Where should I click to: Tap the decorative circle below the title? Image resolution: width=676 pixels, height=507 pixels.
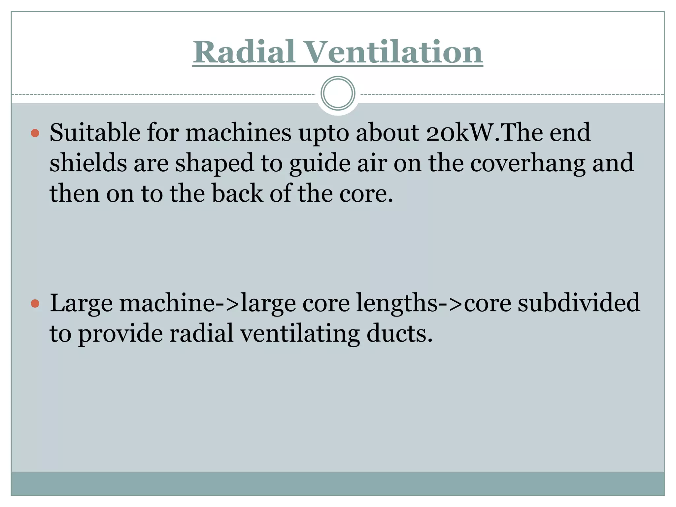click(x=338, y=93)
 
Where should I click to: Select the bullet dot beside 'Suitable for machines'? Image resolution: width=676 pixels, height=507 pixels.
click(x=35, y=133)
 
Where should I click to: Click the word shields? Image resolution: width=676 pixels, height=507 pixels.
click(x=88, y=163)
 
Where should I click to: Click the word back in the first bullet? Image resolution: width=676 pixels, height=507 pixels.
click(x=237, y=193)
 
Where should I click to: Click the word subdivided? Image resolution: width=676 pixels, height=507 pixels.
click(x=579, y=303)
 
